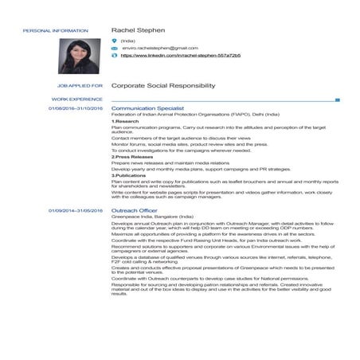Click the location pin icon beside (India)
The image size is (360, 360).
[115, 40]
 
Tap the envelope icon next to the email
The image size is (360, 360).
[115, 48]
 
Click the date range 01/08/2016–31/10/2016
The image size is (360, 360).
[76, 108]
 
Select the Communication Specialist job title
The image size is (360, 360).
[148, 108]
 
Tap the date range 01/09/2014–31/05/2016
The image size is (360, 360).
[76, 210]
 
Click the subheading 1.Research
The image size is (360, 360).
[125, 121]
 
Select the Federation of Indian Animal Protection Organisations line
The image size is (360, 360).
[190, 115]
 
